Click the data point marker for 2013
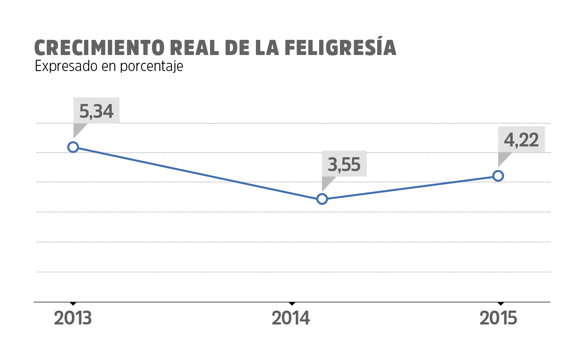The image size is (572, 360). click(x=73, y=147)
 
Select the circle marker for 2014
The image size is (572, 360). click(x=322, y=199)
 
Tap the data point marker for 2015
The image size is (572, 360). click(x=498, y=176)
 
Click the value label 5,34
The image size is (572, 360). click(x=96, y=111)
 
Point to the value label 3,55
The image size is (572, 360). click(x=344, y=165)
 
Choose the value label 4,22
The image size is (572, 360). click(x=521, y=139)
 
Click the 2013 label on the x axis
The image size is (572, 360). click(x=73, y=318)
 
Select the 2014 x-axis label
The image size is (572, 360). click(x=291, y=318)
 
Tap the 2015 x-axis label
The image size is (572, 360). click(x=499, y=318)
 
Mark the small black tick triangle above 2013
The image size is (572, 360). click(x=73, y=303)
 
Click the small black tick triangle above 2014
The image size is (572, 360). click(x=291, y=303)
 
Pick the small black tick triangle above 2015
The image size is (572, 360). click(x=500, y=303)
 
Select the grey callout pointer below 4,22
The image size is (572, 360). click(x=503, y=158)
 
